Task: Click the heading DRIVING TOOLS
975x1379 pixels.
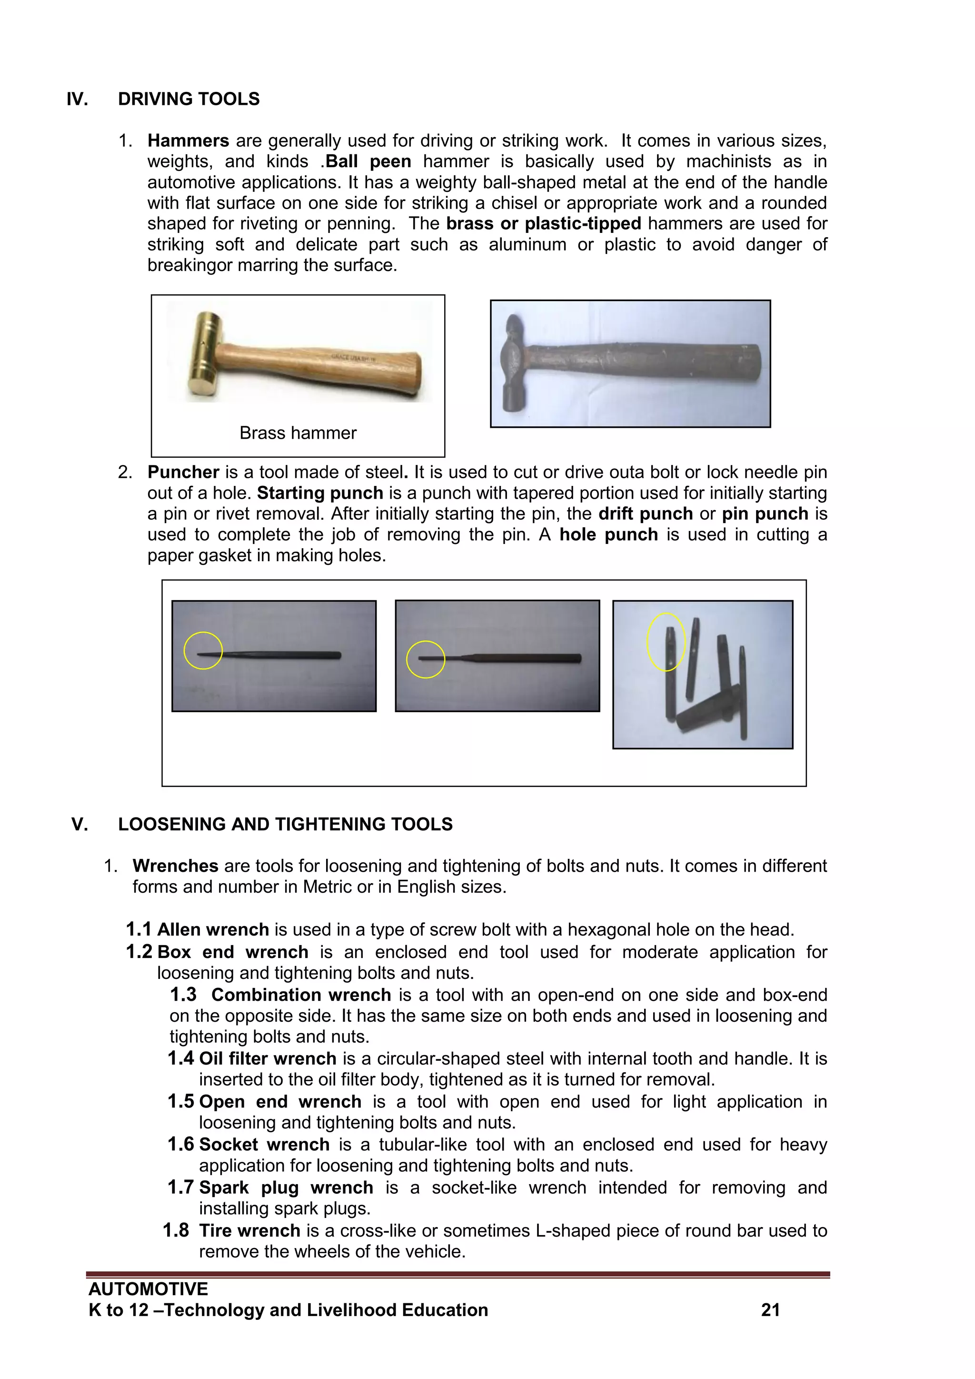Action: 189,99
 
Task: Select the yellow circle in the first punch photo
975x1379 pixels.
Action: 203,651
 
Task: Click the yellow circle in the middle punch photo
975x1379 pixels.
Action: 426,659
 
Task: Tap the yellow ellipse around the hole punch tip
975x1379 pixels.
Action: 666,642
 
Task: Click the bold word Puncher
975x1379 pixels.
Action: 183,472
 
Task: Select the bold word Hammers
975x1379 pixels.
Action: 188,141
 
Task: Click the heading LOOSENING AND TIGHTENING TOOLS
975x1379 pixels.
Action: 285,824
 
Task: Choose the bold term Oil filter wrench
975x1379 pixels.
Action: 268,1058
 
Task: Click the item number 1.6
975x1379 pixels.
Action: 181,1145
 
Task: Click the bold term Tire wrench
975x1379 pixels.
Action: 250,1231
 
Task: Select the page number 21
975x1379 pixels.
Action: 770,1310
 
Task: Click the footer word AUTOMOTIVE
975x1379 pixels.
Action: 148,1289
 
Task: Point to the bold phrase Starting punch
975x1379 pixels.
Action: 320,493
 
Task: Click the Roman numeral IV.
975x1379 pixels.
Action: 78,99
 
